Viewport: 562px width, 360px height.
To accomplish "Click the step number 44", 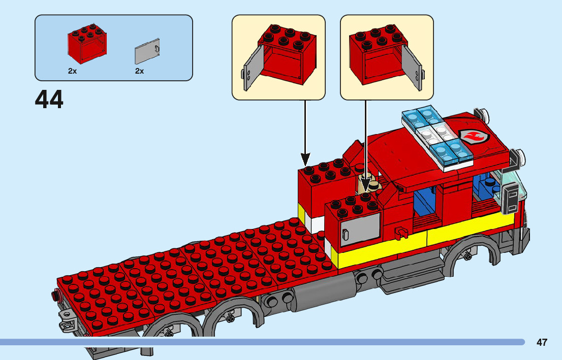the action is point(49,100).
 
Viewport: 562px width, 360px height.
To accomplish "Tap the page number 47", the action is point(542,342).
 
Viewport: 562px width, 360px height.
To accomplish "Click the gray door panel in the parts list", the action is point(147,51).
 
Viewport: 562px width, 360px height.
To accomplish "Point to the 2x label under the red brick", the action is point(73,72).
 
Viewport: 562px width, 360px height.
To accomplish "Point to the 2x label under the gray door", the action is point(140,72).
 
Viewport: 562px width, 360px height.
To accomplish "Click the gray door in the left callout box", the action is point(252,68).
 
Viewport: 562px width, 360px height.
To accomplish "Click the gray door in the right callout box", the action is point(412,68).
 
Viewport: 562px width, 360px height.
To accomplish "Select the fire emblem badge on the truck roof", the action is point(474,136).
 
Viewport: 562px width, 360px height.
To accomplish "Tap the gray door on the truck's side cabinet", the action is point(360,229).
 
